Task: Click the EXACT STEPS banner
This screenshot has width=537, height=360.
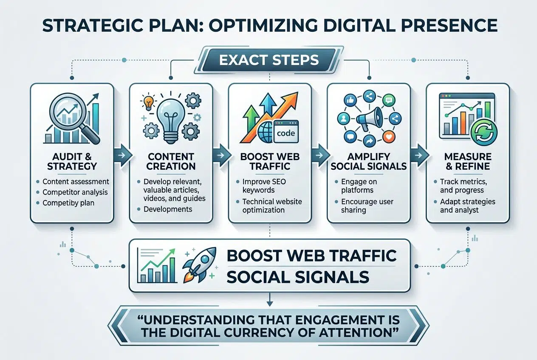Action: [268, 60]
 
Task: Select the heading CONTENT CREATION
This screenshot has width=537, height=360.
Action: [170, 161]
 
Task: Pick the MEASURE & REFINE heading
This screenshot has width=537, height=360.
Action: [467, 161]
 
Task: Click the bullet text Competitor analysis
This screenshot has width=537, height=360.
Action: [75, 192]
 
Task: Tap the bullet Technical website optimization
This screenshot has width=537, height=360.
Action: [272, 205]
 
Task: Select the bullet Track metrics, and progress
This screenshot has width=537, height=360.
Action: [464, 186]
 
